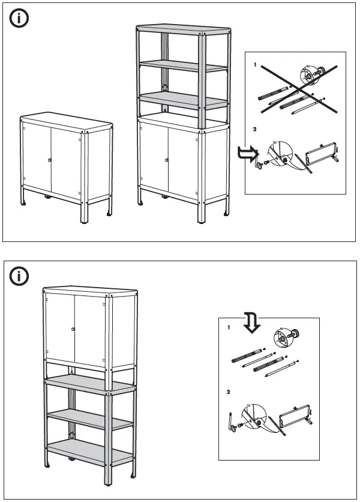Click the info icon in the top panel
[20, 19]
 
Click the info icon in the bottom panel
[20, 276]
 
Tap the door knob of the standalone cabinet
[50, 160]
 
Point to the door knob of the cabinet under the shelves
[167, 160]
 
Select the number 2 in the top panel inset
[254, 129]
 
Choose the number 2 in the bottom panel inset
[228, 392]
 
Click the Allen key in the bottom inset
[232, 418]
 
